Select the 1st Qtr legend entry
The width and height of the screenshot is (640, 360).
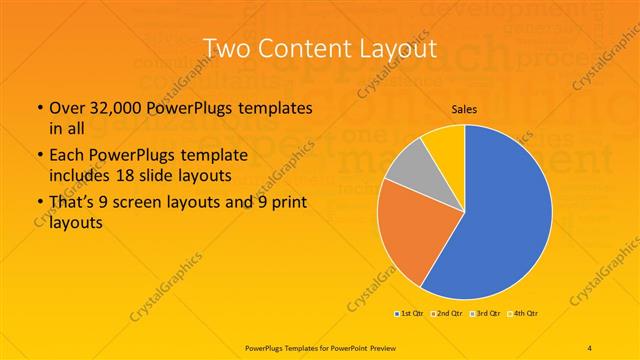[x=411, y=314]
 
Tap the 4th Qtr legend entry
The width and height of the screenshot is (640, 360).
[x=523, y=314]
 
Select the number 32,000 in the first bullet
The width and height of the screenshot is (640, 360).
[x=112, y=108]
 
